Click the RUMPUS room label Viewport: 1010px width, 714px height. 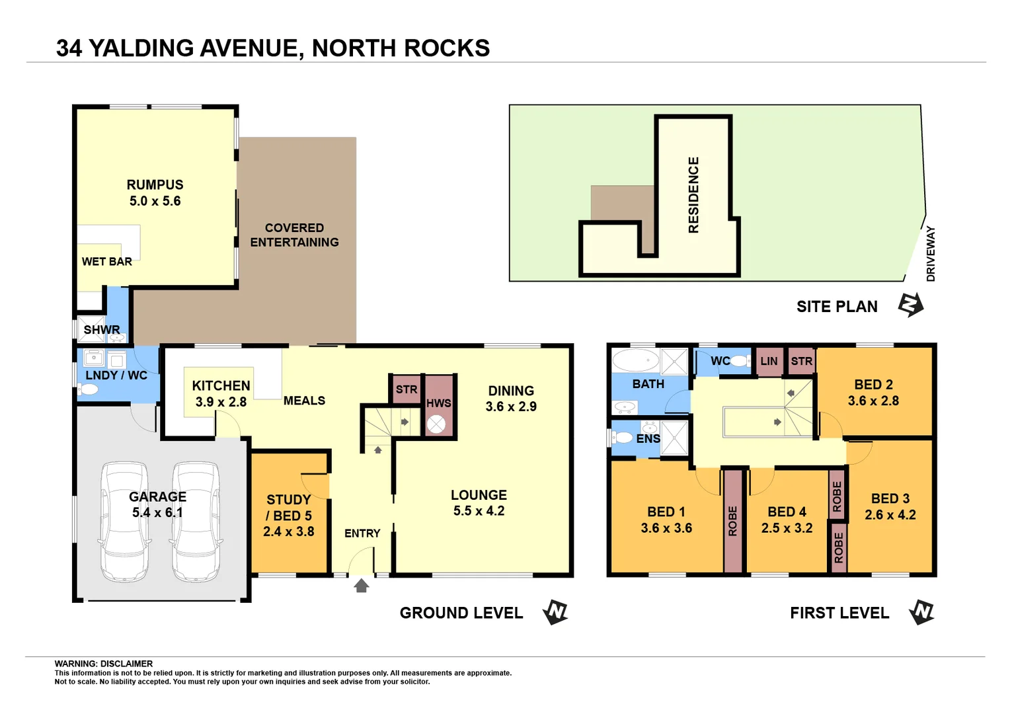click(155, 185)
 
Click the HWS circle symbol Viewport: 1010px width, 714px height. click(436, 424)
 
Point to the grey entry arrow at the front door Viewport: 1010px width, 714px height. click(361, 586)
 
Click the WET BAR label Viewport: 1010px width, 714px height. click(106, 262)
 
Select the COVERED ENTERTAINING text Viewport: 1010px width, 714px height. click(294, 235)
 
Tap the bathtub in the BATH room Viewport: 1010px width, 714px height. click(635, 361)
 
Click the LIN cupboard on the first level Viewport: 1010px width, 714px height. click(769, 362)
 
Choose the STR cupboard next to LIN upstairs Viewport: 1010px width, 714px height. click(801, 362)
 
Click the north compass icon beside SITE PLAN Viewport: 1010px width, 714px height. click(911, 305)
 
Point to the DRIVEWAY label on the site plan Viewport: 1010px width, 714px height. click(931, 254)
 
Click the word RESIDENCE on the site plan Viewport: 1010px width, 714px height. click(693, 195)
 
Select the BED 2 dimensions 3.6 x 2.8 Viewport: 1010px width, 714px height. click(873, 401)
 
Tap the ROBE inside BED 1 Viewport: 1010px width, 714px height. click(732, 521)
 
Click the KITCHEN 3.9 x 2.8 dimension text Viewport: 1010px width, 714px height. click(221, 402)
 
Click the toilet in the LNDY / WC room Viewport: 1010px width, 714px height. click(89, 389)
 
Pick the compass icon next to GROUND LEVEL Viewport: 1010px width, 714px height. click(555, 612)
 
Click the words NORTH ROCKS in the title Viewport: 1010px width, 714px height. click(401, 48)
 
